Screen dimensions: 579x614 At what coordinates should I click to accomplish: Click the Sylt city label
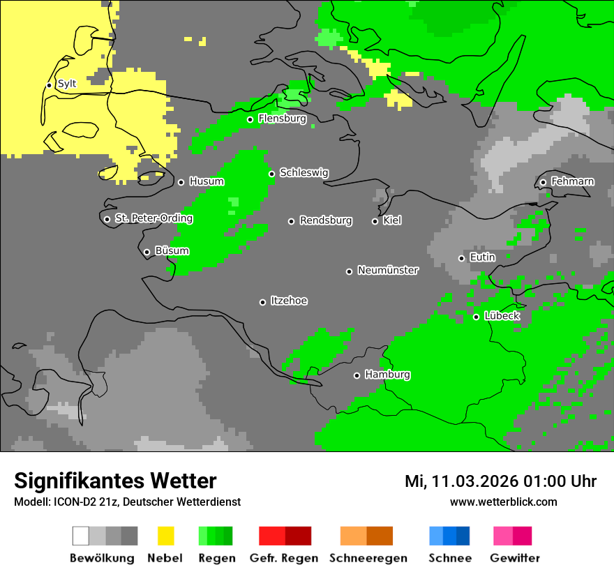pyautogui.click(x=67, y=84)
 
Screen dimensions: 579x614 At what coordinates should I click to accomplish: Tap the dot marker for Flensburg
pyautogui.click(x=250, y=119)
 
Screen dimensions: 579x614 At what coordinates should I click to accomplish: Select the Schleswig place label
pyautogui.click(x=304, y=173)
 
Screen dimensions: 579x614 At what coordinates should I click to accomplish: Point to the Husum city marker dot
pyautogui.click(x=181, y=182)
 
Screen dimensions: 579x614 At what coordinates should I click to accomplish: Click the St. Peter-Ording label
pyautogui.click(x=153, y=219)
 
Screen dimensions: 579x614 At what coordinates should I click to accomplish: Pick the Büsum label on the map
pyautogui.click(x=172, y=251)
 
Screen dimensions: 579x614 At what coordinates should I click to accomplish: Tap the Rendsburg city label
pyautogui.click(x=326, y=221)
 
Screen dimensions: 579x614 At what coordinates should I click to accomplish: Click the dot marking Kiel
pyautogui.click(x=375, y=221)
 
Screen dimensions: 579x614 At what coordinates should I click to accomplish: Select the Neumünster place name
pyautogui.click(x=388, y=271)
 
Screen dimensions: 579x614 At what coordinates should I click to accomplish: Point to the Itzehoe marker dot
pyautogui.click(x=262, y=302)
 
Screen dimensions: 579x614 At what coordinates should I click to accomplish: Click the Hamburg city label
pyautogui.click(x=387, y=375)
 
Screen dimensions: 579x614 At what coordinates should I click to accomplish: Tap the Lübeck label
pyautogui.click(x=502, y=317)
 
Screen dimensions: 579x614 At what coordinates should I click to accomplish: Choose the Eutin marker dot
pyautogui.click(x=461, y=258)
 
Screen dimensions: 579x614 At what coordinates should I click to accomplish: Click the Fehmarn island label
pyautogui.click(x=572, y=182)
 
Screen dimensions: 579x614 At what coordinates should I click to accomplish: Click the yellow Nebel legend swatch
pyautogui.click(x=165, y=536)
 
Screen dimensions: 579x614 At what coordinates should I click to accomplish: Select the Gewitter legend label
pyautogui.click(x=514, y=558)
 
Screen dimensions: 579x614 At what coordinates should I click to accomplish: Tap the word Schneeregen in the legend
pyautogui.click(x=368, y=558)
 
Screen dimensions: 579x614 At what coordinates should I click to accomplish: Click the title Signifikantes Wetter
pyautogui.click(x=115, y=481)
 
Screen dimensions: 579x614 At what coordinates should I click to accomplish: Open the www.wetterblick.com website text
pyautogui.click(x=503, y=502)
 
